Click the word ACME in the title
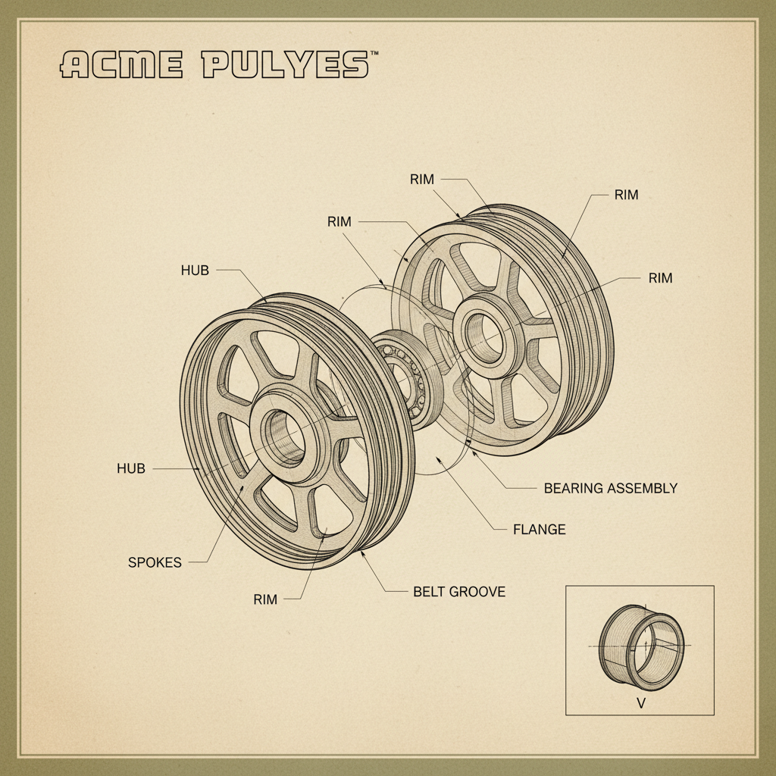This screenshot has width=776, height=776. [x=121, y=65]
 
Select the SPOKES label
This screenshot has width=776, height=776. [x=155, y=562]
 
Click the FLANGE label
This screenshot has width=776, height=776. [x=540, y=529]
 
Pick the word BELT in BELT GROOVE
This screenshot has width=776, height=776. [x=429, y=591]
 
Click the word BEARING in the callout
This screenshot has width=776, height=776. [x=572, y=488]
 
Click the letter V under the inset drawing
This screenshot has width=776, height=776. [x=641, y=703]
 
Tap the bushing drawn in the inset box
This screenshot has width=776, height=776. [x=641, y=646]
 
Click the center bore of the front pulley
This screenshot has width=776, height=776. [x=283, y=436]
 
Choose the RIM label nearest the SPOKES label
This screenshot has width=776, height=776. [x=265, y=599]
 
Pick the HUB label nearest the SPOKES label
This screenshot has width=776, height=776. [x=130, y=468]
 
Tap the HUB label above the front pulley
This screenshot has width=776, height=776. [x=195, y=270]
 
